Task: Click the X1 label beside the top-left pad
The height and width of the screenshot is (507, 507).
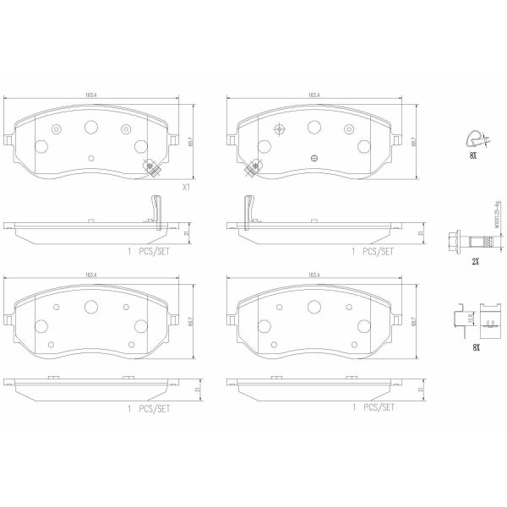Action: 187,190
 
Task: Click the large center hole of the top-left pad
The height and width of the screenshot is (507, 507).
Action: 91,126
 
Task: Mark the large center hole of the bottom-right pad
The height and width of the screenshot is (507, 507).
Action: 314,308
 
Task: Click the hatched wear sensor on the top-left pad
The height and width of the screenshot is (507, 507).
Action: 150,167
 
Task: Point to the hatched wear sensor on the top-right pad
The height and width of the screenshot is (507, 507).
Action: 250,167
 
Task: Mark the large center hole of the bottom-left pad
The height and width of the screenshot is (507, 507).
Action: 91,308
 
